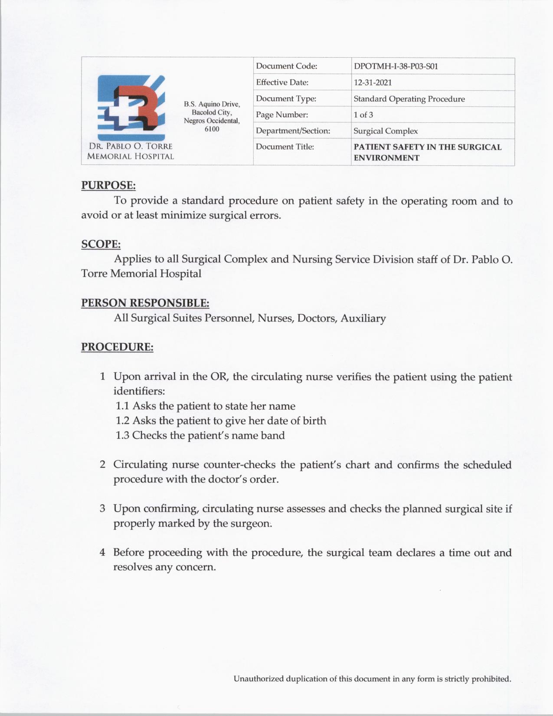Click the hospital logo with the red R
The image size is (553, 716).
(x=131, y=107)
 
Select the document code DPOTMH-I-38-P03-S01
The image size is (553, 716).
(x=396, y=66)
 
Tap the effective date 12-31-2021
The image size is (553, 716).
(x=373, y=82)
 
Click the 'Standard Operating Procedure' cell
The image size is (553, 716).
(x=409, y=99)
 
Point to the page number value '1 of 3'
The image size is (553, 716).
(x=363, y=115)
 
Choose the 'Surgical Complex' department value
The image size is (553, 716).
(x=386, y=131)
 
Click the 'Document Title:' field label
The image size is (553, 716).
(x=285, y=147)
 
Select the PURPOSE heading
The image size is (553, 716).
(x=108, y=185)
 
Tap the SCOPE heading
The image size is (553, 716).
(x=101, y=244)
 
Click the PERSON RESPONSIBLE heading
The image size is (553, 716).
(x=145, y=303)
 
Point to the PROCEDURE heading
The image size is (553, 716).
(x=117, y=347)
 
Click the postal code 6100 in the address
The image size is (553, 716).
(x=212, y=129)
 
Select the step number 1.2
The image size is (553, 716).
(x=122, y=421)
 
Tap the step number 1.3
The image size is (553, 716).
(x=122, y=436)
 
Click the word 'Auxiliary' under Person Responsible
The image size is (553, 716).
(x=363, y=319)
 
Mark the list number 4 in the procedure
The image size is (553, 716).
(x=102, y=552)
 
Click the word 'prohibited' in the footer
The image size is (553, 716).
(x=491, y=679)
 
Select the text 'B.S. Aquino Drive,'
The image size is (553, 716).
(x=212, y=104)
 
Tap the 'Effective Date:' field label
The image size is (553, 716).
(x=282, y=82)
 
